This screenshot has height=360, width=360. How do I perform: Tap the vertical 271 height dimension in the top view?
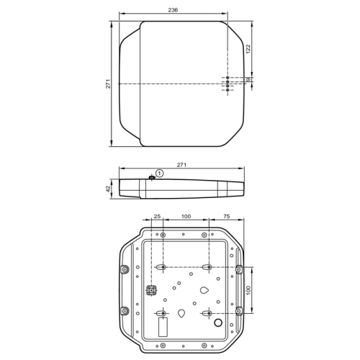[108, 84]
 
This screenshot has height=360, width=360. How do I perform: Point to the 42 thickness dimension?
[108, 189]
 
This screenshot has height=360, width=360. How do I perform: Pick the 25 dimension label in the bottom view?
[158, 216]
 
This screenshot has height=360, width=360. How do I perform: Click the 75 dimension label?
[225, 216]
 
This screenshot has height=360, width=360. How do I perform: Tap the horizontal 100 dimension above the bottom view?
[185, 216]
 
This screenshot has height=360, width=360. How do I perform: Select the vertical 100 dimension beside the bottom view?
[248, 289]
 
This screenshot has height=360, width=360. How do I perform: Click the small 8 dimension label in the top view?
[248, 80]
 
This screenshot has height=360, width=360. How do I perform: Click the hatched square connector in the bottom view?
[152, 291]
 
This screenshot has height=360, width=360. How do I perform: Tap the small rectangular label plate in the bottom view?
[163, 329]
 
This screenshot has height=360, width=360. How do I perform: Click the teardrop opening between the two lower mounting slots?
[181, 313]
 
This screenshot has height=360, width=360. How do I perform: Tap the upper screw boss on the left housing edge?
[125, 269]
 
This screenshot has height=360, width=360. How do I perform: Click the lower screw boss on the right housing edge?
[238, 311]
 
